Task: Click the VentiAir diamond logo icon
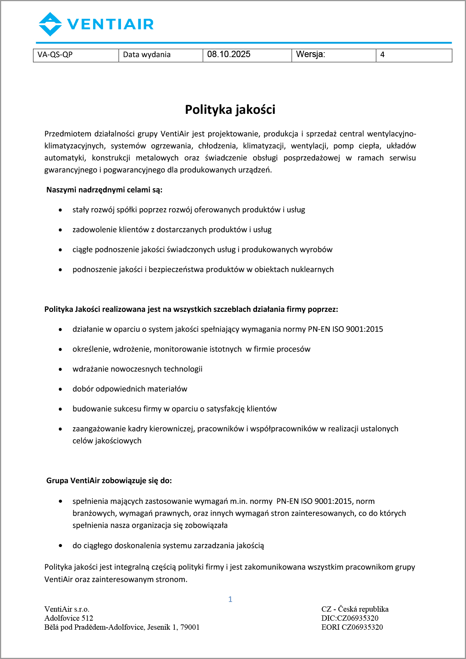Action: coord(50,24)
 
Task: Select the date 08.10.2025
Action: coord(229,54)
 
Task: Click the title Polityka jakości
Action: coord(230,110)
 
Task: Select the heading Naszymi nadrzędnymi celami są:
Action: coord(104,190)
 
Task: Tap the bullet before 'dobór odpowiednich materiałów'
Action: coord(61,389)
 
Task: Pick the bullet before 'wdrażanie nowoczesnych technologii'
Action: coord(61,369)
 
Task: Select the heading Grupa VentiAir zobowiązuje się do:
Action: coord(109,481)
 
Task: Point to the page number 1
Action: coord(230,599)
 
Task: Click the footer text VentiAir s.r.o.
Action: coord(67,609)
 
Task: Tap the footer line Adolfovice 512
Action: coord(69,618)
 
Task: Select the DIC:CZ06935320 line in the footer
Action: coord(350,618)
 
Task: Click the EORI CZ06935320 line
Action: coord(352,627)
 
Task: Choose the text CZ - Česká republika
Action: coord(355,609)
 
